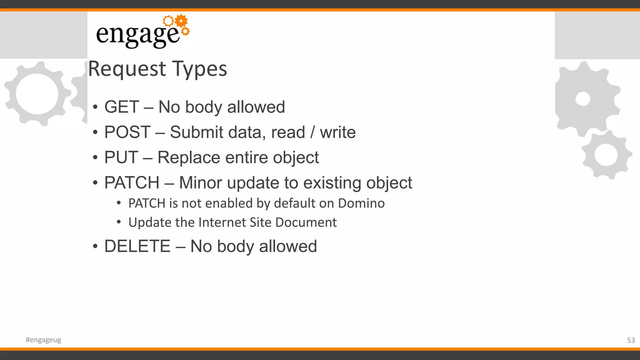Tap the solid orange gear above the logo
[x=181, y=21]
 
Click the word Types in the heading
[x=200, y=69]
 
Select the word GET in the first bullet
[x=122, y=107]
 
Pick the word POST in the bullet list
[x=127, y=132]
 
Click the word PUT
[x=121, y=157]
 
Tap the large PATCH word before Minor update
[x=132, y=183]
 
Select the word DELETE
[x=137, y=246]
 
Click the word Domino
[x=361, y=203]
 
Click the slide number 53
[x=631, y=340]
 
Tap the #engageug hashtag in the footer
[x=43, y=340]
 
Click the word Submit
[x=197, y=132]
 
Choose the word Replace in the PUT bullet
[x=189, y=157]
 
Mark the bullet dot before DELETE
[x=95, y=247]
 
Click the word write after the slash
[x=337, y=132]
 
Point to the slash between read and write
[x=312, y=132]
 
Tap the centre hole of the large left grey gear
[x=37, y=94]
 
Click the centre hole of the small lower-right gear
[x=606, y=155]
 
